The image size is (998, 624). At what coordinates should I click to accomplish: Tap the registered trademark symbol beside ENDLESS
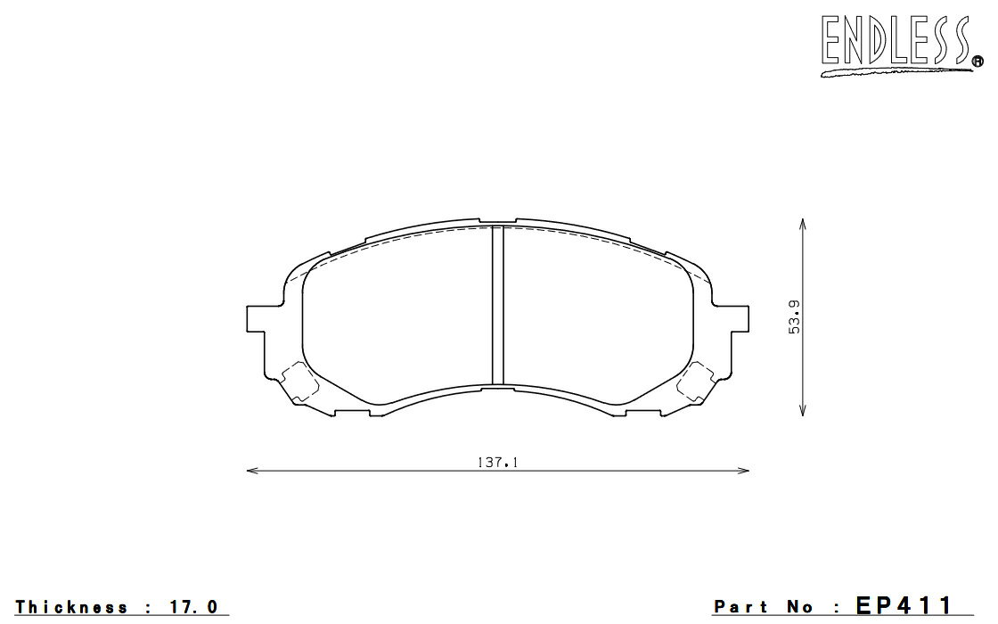click(x=977, y=62)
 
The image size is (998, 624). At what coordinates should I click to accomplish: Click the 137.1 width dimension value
click(x=498, y=463)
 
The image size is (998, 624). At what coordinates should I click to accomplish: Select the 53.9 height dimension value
click(x=794, y=316)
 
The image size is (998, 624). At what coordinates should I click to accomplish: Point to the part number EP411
click(x=904, y=605)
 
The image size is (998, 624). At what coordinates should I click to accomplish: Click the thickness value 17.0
click(x=192, y=607)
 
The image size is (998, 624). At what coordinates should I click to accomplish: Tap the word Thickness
click(x=71, y=607)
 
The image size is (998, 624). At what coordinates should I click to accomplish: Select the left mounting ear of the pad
click(x=255, y=318)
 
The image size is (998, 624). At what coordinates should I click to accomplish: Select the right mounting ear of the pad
click(x=740, y=318)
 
